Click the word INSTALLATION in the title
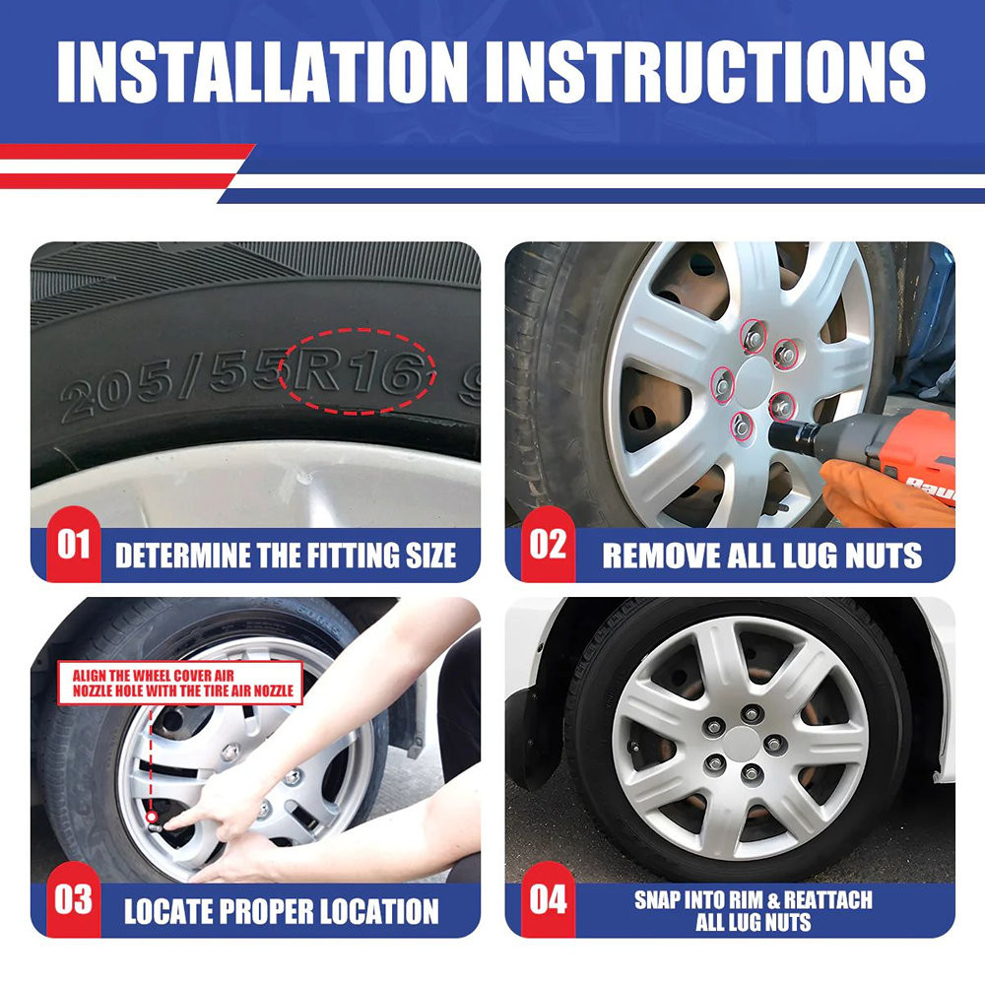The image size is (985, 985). tap(263, 72)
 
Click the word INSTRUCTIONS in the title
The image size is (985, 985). tap(706, 72)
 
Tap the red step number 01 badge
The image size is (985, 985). tap(74, 544)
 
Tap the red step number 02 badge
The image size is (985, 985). tap(548, 544)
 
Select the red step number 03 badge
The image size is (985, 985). tap(74, 899)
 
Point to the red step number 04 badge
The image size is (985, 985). tap(548, 899)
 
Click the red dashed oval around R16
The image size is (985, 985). tap(357, 329)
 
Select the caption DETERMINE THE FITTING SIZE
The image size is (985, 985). tap(286, 556)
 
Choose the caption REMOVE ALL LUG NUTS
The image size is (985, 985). tap(762, 556)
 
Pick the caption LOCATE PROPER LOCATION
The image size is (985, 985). tap(282, 911)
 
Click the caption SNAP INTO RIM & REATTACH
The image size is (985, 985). tap(754, 900)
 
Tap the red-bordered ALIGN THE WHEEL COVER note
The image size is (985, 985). tap(181, 683)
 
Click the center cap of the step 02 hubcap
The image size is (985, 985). tap(754, 382)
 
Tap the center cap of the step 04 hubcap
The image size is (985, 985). tap(744, 744)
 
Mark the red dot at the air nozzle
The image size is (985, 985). tap(152, 817)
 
